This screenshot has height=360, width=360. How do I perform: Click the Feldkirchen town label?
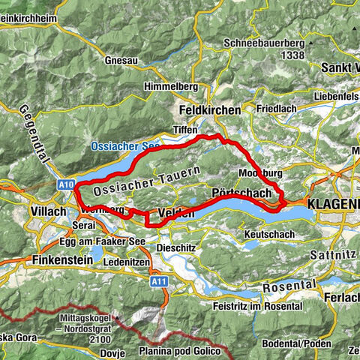pyautogui.click(x=209, y=109)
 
